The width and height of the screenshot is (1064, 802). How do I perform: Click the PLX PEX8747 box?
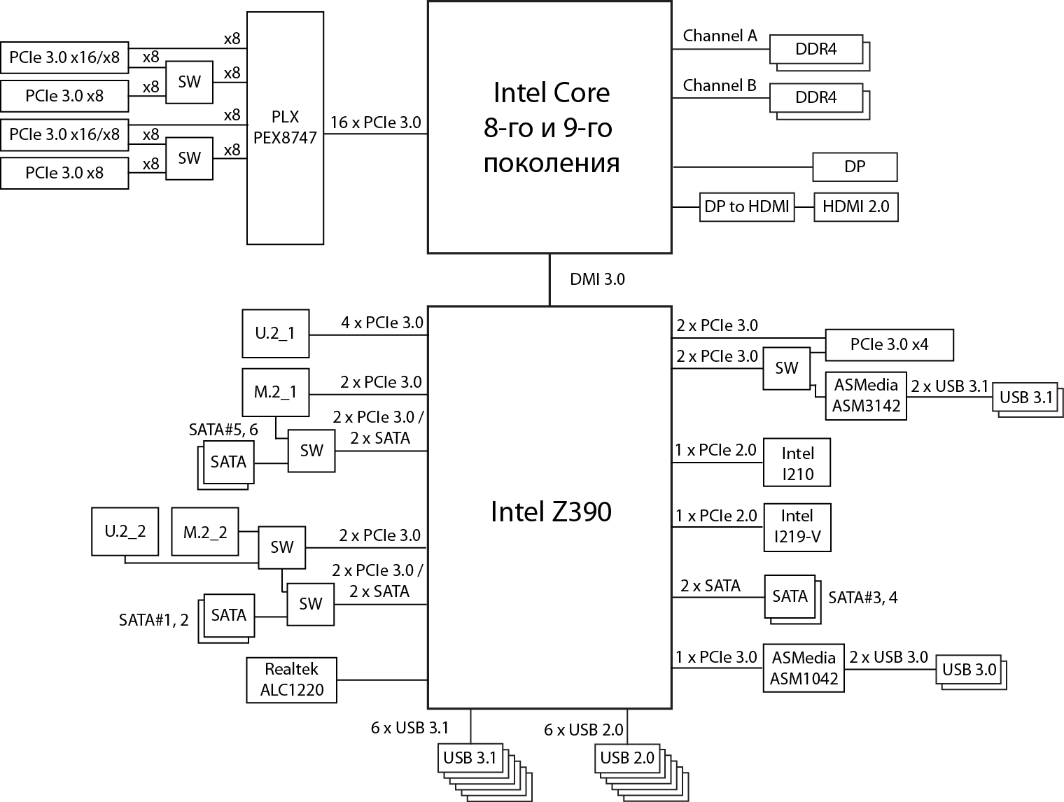tap(285, 127)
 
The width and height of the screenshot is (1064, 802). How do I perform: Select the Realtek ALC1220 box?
tap(292, 680)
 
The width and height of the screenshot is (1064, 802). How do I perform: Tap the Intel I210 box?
tap(797, 463)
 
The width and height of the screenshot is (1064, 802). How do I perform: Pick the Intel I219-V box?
tap(797, 527)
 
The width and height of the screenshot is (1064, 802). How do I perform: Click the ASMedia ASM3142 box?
tap(866, 395)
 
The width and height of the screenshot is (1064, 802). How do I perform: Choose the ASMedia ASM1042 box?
tap(804, 668)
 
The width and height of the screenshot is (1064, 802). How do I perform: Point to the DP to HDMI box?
tap(747, 207)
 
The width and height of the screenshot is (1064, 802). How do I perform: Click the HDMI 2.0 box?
tap(855, 207)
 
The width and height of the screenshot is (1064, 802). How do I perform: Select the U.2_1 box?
tap(275, 333)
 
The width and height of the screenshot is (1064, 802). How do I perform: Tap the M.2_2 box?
tap(205, 532)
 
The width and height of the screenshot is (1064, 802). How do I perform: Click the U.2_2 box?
tap(125, 532)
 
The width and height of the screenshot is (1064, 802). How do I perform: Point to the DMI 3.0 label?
tap(597, 279)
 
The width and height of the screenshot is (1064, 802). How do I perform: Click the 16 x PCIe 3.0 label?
tap(375, 122)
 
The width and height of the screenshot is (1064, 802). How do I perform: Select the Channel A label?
tap(720, 36)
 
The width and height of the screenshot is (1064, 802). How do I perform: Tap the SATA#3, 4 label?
tap(862, 597)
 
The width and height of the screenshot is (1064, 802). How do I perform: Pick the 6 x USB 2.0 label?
tap(583, 730)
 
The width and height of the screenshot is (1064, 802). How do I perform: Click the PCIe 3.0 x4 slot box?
tap(889, 344)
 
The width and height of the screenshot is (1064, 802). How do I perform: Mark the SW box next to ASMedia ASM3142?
tap(787, 368)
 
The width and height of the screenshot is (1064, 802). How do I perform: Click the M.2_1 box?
tap(275, 392)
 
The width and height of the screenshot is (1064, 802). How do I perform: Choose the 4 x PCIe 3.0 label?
tap(382, 323)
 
